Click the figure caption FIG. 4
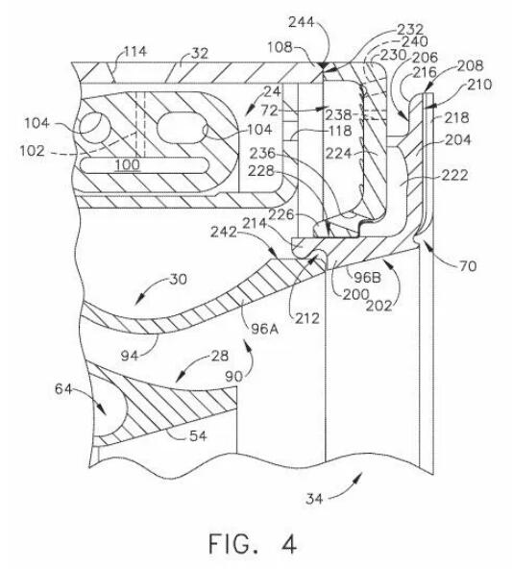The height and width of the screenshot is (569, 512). (253, 544)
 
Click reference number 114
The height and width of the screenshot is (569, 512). (135, 52)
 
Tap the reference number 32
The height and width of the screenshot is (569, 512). (200, 54)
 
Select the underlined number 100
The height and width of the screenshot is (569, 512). (127, 165)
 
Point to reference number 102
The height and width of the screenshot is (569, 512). (33, 151)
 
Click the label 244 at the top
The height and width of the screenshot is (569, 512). (301, 22)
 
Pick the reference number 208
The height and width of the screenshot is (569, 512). (471, 65)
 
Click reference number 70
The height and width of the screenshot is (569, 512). (468, 266)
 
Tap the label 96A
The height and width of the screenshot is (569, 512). (264, 329)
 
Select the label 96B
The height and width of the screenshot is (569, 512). (367, 277)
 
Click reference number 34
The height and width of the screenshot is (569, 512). (314, 498)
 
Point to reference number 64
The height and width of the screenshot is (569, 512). (63, 389)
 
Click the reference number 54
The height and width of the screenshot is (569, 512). (198, 435)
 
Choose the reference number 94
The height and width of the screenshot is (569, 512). (130, 356)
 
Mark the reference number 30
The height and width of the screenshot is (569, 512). (179, 279)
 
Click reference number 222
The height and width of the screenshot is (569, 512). (454, 175)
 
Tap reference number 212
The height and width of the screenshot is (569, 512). (307, 318)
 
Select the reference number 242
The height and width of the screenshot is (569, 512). (224, 232)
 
